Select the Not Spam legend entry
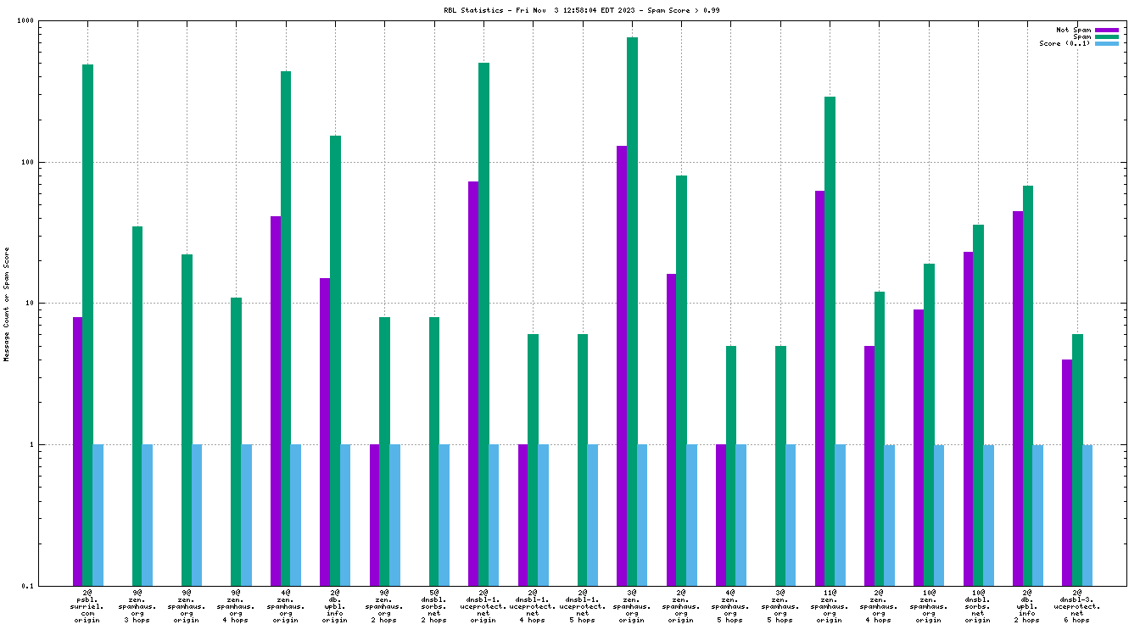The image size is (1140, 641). pos(1073,30)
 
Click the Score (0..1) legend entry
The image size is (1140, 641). pos(1065,43)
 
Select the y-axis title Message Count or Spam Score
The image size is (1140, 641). pos(7,304)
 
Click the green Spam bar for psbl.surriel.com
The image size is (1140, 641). pos(87,322)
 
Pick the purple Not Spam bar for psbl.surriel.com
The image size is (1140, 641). pos(77,449)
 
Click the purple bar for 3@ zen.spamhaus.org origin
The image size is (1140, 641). pos(622,365)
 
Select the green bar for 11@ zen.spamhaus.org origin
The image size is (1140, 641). pos(830,339)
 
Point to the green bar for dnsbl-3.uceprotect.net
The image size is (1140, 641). pos(1077,458)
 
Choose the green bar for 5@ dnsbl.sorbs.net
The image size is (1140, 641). pos(434,449)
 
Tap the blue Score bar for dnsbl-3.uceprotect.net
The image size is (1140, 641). pos(1087,515)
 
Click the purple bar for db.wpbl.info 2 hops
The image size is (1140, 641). pos(1018,399)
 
